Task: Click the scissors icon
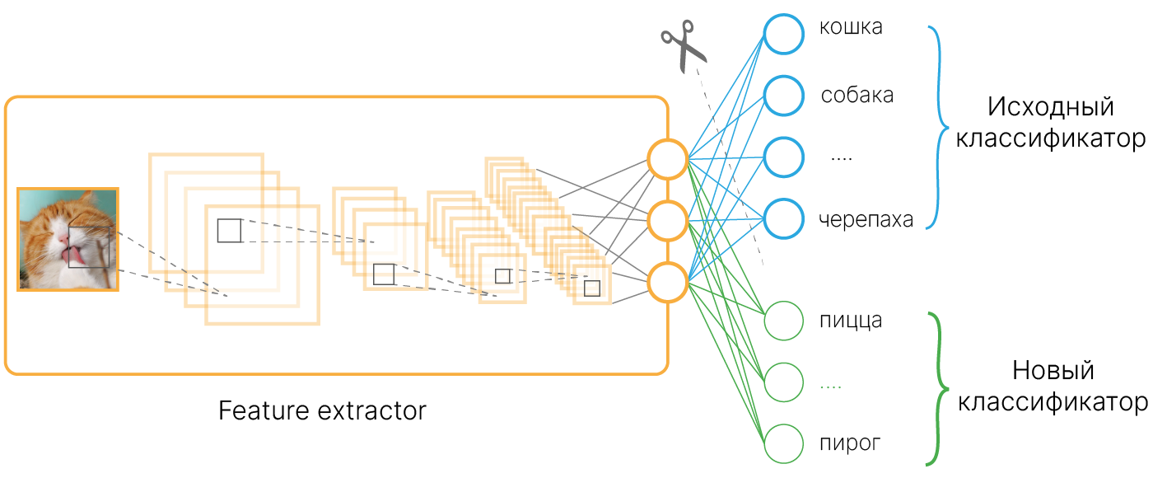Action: (x=684, y=45)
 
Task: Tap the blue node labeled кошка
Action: (x=782, y=34)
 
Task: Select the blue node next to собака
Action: (x=782, y=96)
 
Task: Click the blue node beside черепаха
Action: (x=782, y=219)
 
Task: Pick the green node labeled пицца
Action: (x=782, y=321)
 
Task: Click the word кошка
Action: (x=851, y=27)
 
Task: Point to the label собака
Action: (x=857, y=96)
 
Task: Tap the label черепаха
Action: (x=866, y=221)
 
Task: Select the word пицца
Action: (x=851, y=320)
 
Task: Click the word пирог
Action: (x=850, y=444)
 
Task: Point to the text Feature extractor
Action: (x=323, y=410)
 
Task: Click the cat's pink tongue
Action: (x=75, y=256)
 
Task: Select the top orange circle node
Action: (x=667, y=159)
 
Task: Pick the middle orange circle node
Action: (x=667, y=220)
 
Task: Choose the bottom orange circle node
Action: (x=667, y=282)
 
